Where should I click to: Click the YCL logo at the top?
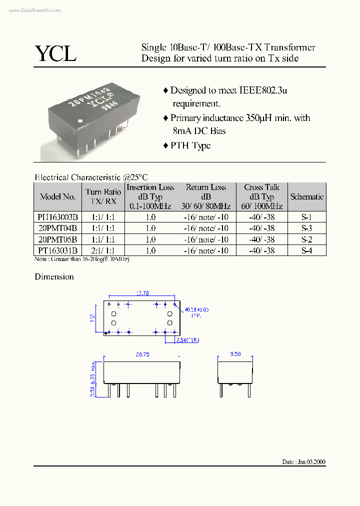coord(55,53)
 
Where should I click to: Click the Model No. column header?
coord(57,197)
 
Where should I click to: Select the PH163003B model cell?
coord(57,217)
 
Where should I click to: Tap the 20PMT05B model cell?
coord(57,239)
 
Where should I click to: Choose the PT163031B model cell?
coord(57,250)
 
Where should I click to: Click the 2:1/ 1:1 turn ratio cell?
coord(103,250)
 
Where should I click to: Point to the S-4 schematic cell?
coord(306,250)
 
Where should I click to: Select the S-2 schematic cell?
coord(306,239)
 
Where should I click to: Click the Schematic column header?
coord(306,197)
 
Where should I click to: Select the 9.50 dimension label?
coord(235,354)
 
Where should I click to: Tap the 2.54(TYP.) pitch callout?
coord(188,340)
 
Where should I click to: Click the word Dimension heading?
coord(54,277)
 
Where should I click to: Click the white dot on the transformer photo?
coord(81,120)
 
